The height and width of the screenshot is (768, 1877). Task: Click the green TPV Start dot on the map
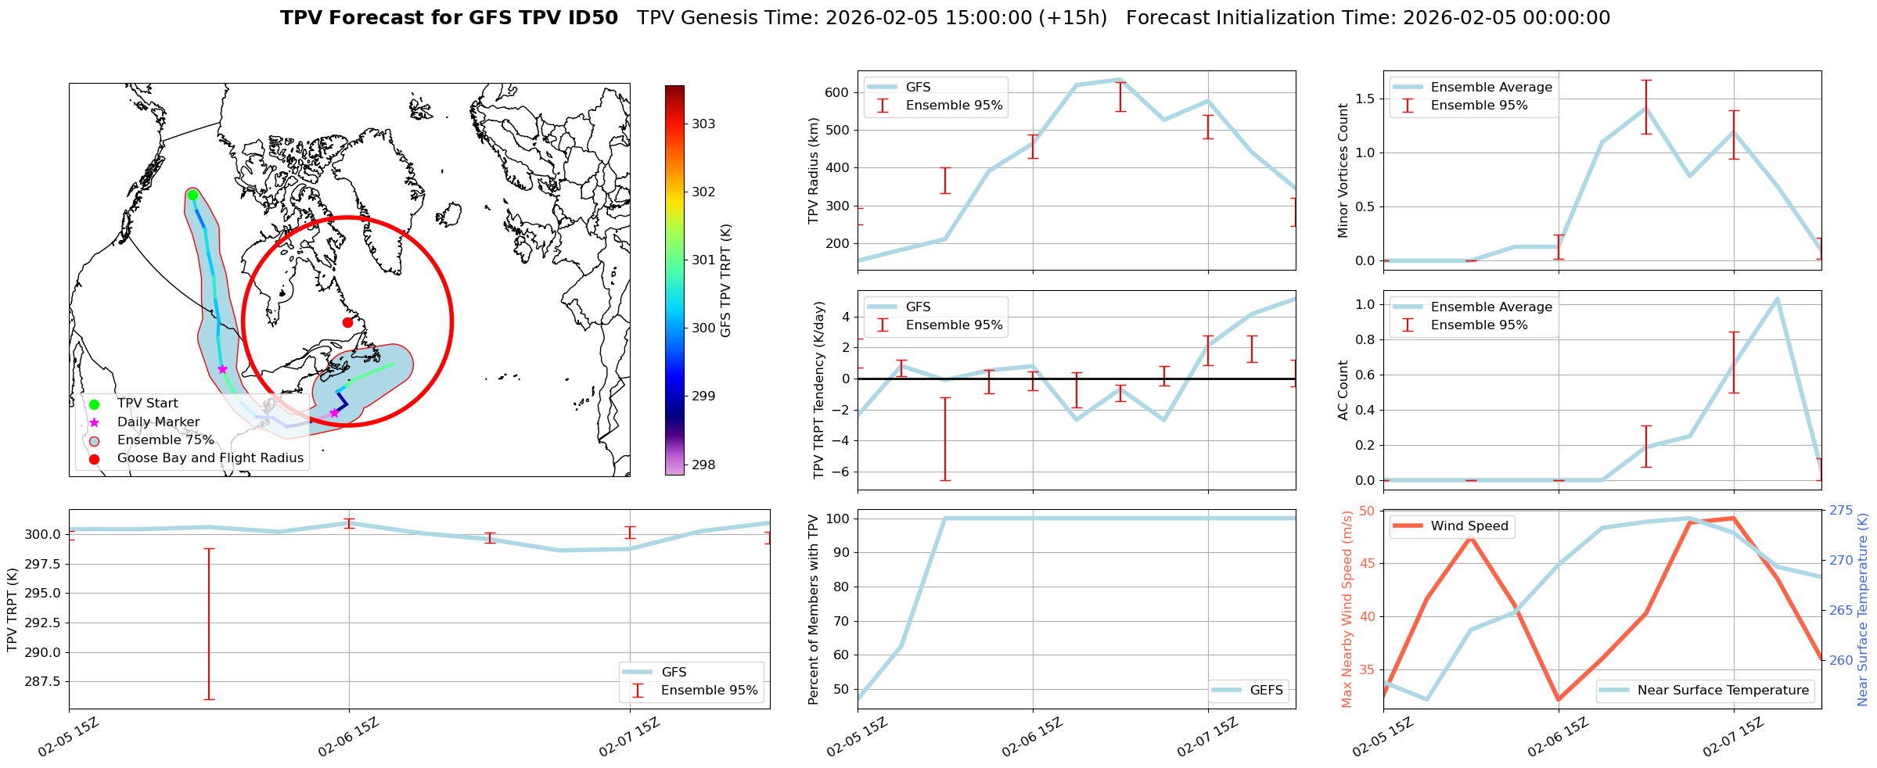pyautogui.click(x=192, y=195)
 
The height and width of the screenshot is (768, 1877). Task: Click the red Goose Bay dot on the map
pyautogui.click(x=347, y=322)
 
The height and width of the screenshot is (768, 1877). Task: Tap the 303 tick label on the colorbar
pyautogui.click(x=703, y=124)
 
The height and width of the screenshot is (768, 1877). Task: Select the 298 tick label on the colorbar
pyautogui.click(x=703, y=465)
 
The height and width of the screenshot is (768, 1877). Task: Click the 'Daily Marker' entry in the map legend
pyautogui.click(x=158, y=422)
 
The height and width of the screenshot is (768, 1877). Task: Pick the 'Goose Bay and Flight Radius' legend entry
pyautogui.click(x=210, y=458)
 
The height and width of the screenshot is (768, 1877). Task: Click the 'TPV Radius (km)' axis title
pyautogui.click(x=814, y=170)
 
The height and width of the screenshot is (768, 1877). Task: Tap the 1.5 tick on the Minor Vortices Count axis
pyautogui.click(x=1364, y=99)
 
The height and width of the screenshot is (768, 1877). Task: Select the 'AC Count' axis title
pyautogui.click(x=1343, y=390)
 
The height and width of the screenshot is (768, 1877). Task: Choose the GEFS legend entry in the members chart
pyautogui.click(x=1266, y=690)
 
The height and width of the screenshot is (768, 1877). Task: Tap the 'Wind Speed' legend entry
pyautogui.click(x=1469, y=526)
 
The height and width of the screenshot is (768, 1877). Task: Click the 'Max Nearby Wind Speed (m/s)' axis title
pyautogui.click(x=1347, y=608)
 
